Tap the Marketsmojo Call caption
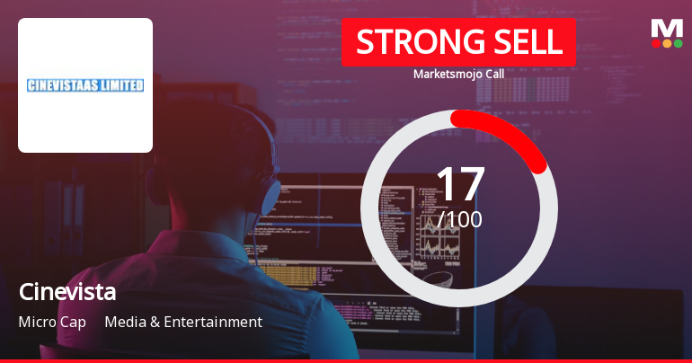(458, 74)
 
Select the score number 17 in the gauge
(459, 183)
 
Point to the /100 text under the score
(460, 219)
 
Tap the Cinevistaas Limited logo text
(85, 85)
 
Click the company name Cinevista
(67, 292)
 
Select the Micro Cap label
(52, 322)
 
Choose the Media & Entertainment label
(183, 322)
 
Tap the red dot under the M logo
(656, 43)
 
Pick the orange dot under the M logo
(667, 43)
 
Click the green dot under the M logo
(678, 43)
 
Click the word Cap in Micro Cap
(75, 322)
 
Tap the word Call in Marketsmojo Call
(492, 74)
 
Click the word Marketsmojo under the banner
(445, 74)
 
